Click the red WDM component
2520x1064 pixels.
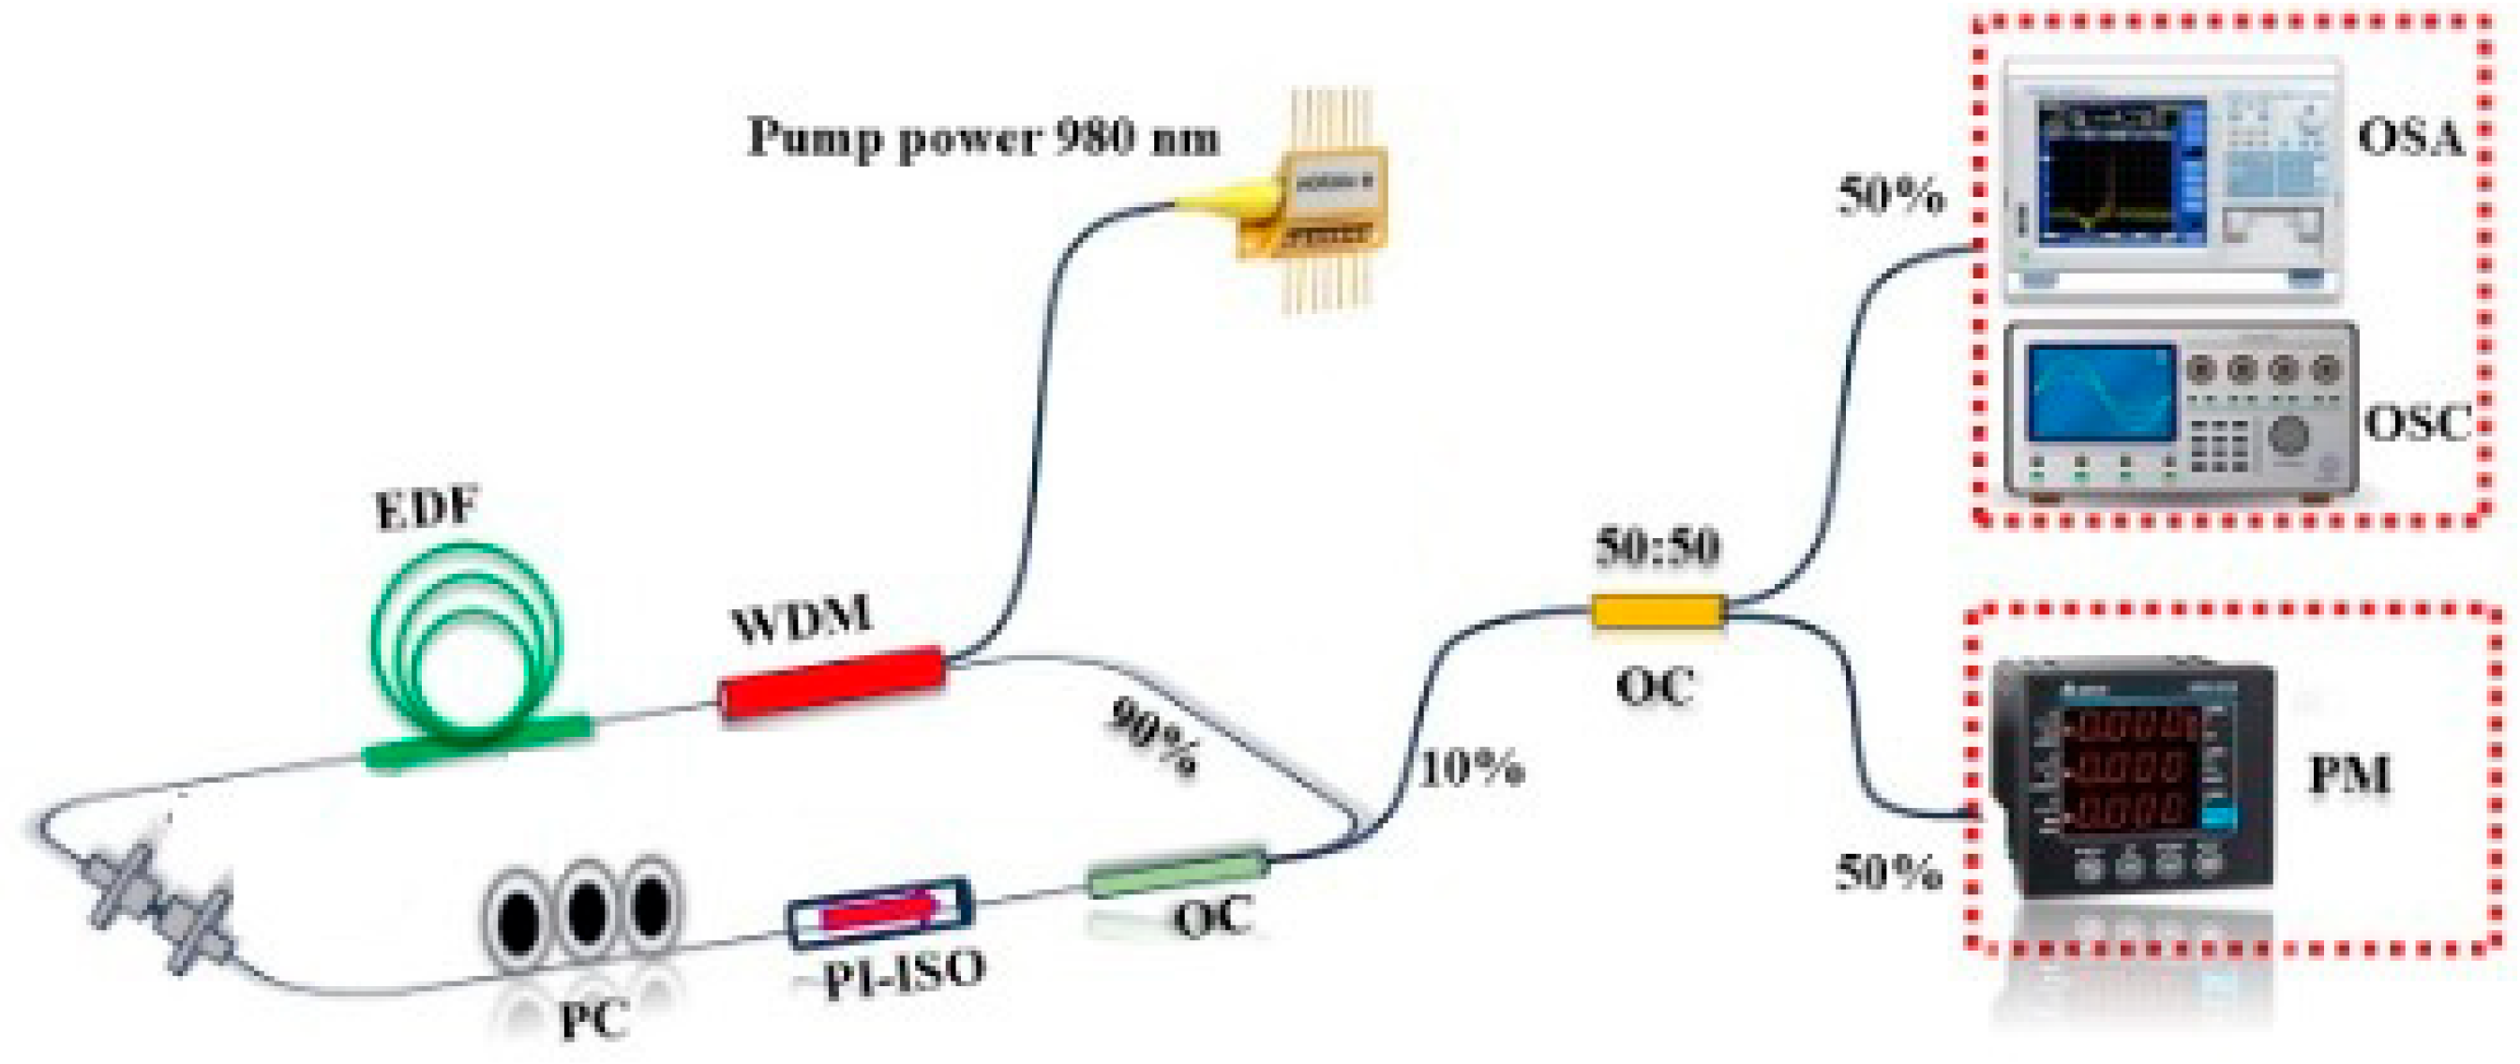pyautogui.click(x=832, y=682)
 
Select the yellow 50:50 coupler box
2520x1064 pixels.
pyautogui.click(x=1657, y=612)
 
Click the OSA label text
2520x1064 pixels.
pyautogui.click(x=2408, y=138)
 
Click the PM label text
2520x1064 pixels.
pyautogui.click(x=2347, y=776)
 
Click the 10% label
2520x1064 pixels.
pyautogui.click(x=1470, y=769)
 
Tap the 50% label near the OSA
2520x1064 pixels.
pyautogui.click(x=1890, y=197)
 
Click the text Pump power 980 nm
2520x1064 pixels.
pyautogui.click(x=983, y=138)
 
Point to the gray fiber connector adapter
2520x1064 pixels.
pyautogui.click(x=162, y=905)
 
